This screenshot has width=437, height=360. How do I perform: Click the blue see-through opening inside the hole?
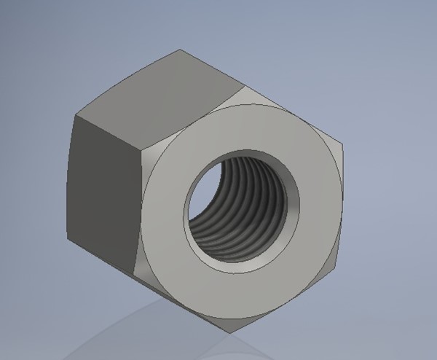click(198, 191)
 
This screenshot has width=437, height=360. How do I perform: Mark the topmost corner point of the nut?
click(181, 50)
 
